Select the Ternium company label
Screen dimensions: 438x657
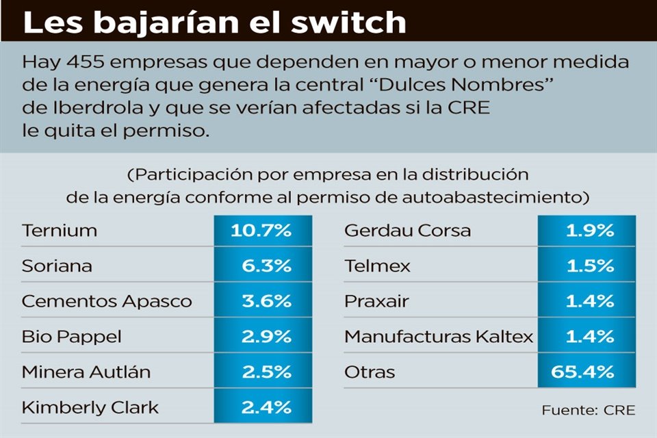[x=60, y=230]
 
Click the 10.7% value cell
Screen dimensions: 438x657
[x=261, y=231]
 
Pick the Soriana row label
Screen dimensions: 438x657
[x=57, y=266]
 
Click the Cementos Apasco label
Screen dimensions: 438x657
[x=107, y=301]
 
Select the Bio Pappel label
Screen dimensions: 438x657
[x=72, y=337]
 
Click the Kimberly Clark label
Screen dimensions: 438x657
[x=90, y=408]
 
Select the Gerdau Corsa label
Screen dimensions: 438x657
[x=407, y=230]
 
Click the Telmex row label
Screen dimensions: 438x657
[x=377, y=266]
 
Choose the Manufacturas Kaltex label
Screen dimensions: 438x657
[x=439, y=337]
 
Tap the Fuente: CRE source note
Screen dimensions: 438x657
[x=589, y=411]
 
